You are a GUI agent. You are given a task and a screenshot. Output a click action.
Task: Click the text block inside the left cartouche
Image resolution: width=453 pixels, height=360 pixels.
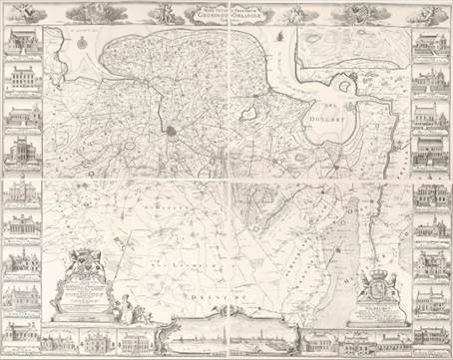pos(87,295)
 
